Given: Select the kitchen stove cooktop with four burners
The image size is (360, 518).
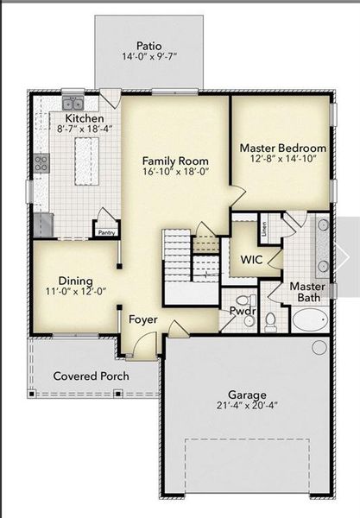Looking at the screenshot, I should click(41, 161).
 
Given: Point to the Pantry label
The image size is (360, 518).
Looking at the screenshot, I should click(106, 232).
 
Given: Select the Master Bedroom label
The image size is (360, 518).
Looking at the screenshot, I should click(282, 148).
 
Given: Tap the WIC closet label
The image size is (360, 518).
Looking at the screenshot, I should click(251, 259).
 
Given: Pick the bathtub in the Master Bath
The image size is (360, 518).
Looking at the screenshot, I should click(310, 321).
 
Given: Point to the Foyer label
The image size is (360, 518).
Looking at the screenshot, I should click(143, 319).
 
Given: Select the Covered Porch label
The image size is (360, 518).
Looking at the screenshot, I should click(91, 376).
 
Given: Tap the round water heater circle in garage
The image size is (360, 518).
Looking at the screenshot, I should click(319, 347).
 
